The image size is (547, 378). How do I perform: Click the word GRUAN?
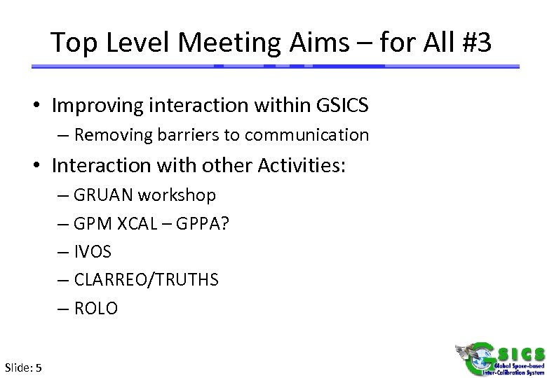click(x=99, y=195)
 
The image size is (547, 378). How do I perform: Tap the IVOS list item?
click(x=92, y=251)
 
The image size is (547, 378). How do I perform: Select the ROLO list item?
click(x=96, y=308)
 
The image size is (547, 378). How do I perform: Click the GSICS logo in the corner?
click(x=498, y=351)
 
